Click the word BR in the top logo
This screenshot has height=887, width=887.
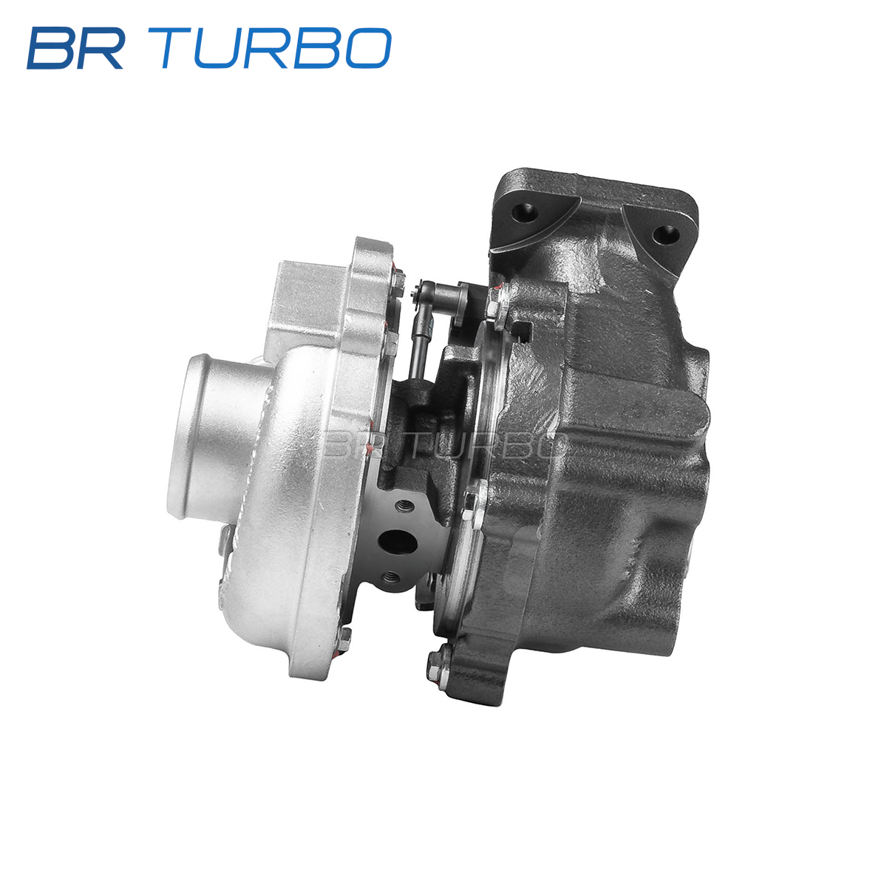(75, 48)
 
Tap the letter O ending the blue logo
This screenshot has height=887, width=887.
(368, 48)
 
